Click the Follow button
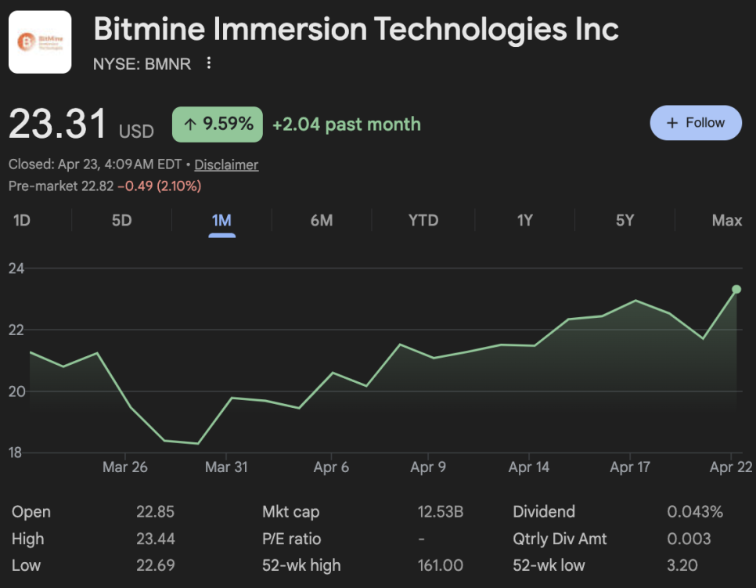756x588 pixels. pos(696,123)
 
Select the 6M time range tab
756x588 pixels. pos(322,220)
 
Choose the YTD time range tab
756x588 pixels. pos(423,220)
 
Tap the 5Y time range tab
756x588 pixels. pos(625,220)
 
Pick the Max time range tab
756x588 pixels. pos(726,220)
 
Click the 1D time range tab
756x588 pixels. pos(22,220)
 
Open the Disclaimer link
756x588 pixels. pos(226,164)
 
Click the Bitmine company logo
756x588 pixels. pos(40,42)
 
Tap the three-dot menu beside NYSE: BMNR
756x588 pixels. pos(209,63)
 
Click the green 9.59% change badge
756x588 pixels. pos(218,124)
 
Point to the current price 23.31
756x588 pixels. pos(57,124)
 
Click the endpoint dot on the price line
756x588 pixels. pos(736,290)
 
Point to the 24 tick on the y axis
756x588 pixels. pos(16,269)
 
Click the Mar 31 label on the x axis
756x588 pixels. pos(226,467)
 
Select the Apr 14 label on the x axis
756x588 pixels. pos(529,467)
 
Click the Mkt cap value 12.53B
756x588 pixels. pos(440,512)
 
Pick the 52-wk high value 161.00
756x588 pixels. pos(440,565)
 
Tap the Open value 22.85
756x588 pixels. pos(155,512)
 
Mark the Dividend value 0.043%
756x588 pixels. pos(695,512)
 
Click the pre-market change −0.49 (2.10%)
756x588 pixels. pos(159,186)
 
